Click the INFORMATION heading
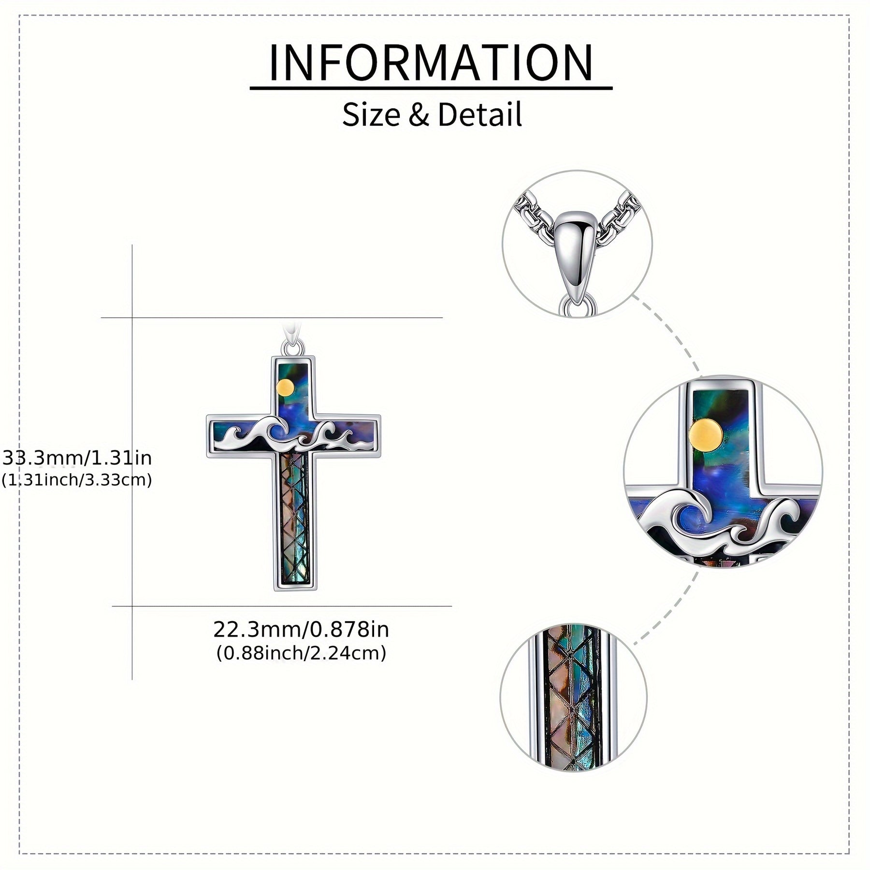coord(431,63)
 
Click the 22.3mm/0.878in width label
coord(301,629)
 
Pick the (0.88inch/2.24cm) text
coord(301,653)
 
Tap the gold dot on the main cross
coord(286,387)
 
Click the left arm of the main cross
coord(227,436)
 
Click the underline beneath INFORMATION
coord(431,88)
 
